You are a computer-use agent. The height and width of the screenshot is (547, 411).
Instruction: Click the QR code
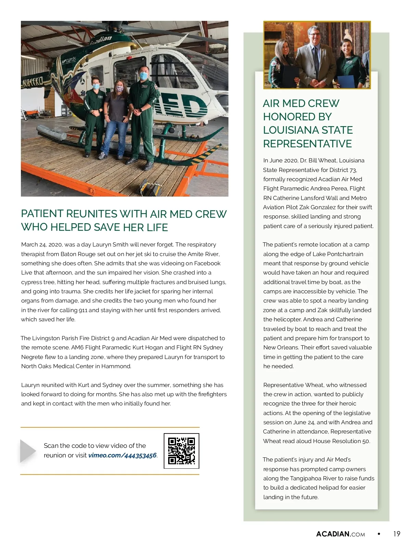click(182, 451)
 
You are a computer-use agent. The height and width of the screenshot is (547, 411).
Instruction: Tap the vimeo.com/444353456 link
click(122, 455)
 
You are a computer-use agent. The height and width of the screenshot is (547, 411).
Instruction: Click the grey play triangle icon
click(28, 451)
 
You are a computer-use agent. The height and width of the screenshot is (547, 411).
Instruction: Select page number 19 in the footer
click(397, 534)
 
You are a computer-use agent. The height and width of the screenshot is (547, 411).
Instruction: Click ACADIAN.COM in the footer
click(340, 534)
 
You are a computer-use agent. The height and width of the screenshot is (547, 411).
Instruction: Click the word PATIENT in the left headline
click(42, 214)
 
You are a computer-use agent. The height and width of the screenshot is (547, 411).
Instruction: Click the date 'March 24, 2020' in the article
click(41, 245)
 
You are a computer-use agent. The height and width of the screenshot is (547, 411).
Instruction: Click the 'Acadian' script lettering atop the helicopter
click(101, 40)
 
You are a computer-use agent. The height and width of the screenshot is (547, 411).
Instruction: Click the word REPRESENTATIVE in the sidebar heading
click(307, 144)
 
